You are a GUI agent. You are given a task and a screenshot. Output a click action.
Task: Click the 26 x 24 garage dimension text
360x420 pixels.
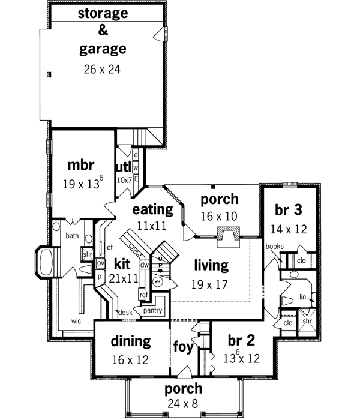point(103,69)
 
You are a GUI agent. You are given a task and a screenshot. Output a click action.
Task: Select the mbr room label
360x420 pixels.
point(79,164)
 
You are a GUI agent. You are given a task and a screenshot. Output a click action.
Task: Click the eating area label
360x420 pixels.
point(152,209)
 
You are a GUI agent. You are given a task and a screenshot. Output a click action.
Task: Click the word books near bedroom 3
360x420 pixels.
point(274,246)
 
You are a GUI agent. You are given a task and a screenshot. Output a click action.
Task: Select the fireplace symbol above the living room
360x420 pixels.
point(227,236)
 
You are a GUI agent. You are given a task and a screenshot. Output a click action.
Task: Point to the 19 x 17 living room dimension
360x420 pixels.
point(211,284)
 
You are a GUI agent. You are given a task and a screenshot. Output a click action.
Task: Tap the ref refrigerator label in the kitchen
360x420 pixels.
point(143,295)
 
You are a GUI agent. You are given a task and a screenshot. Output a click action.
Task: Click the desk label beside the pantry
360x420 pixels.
point(124,312)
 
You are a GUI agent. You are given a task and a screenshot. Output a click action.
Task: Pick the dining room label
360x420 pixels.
point(131,341)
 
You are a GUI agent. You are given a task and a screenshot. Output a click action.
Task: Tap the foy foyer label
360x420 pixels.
point(184,347)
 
